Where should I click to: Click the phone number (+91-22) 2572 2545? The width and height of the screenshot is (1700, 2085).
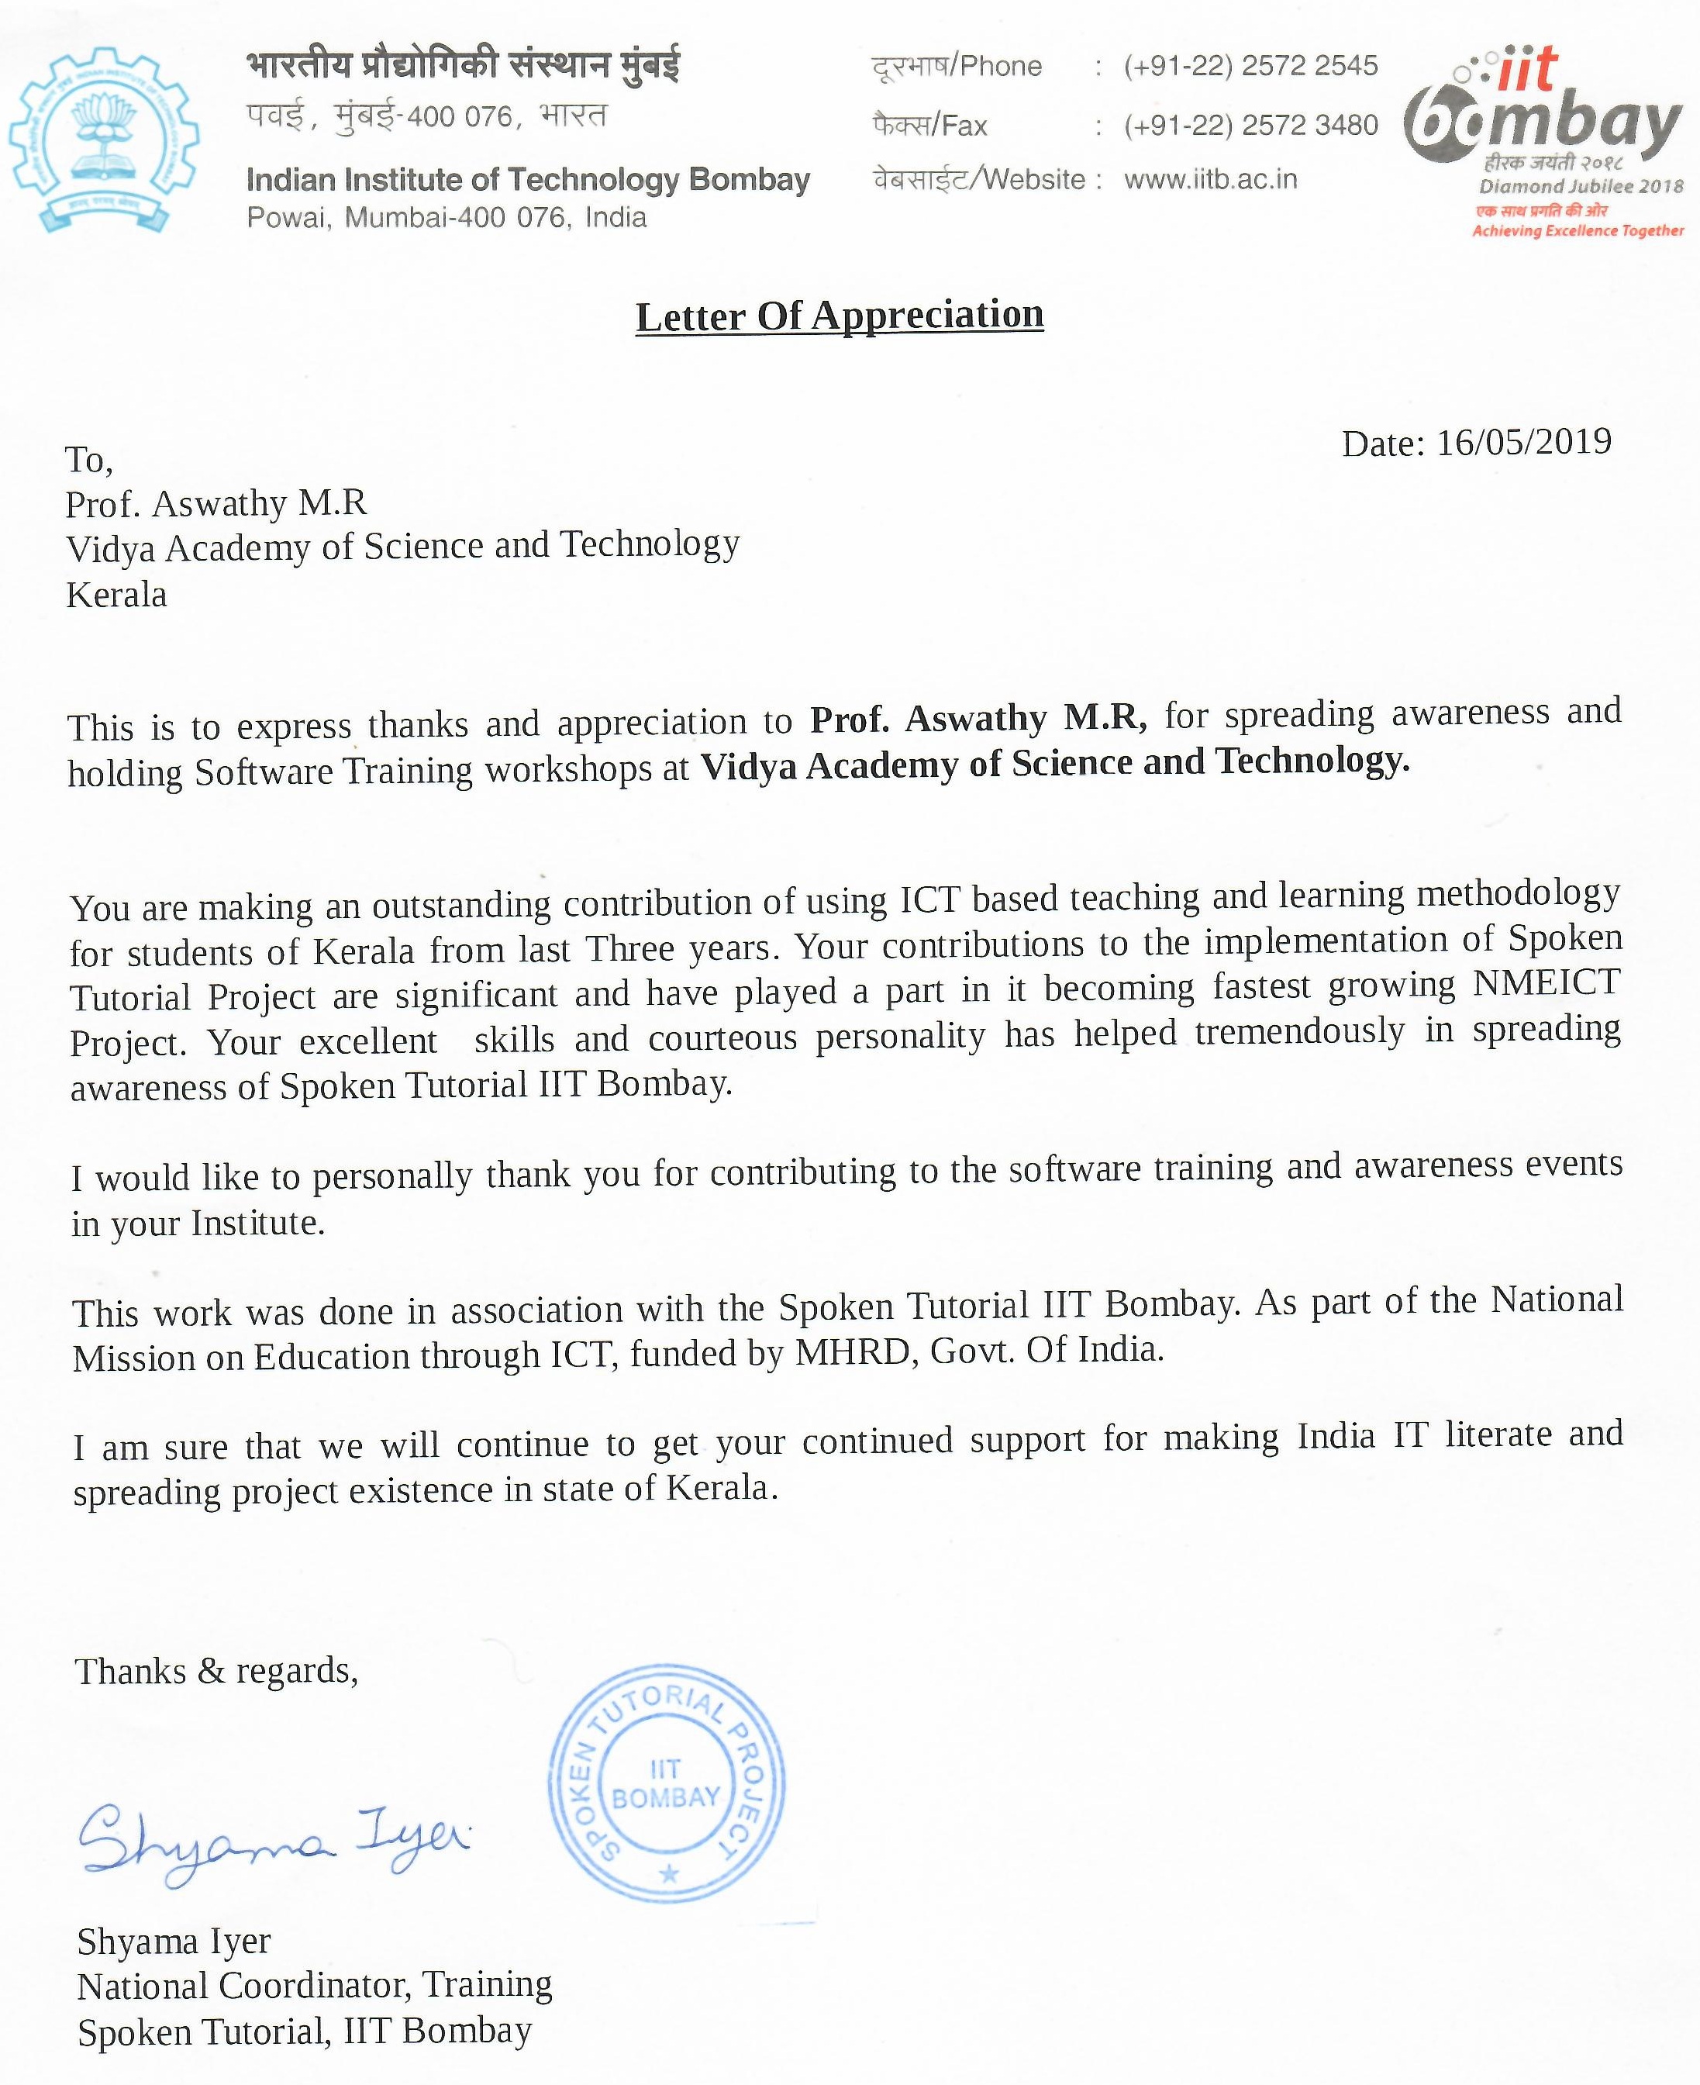pyautogui.click(x=1250, y=66)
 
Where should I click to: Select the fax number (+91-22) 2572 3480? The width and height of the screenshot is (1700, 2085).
pyautogui.click(x=1250, y=126)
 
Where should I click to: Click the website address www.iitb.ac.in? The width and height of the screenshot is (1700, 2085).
pyautogui.click(x=1210, y=179)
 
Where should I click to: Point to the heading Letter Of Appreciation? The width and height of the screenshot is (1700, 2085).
pyautogui.click(x=840, y=316)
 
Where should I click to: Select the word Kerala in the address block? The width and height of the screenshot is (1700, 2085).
pyautogui.click(x=116, y=595)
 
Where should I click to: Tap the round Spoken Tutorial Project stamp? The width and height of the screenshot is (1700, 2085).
pyautogui.click(x=666, y=1783)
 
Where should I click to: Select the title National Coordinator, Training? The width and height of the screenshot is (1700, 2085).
pyautogui.click(x=315, y=1985)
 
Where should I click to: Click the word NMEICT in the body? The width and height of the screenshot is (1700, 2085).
pyautogui.click(x=1547, y=982)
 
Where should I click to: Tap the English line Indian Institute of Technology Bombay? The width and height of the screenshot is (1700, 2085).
pyautogui.click(x=528, y=180)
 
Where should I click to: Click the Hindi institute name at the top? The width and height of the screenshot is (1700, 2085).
pyautogui.click(x=464, y=66)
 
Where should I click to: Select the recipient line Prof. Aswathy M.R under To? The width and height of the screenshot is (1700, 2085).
pyautogui.click(x=216, y=503)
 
